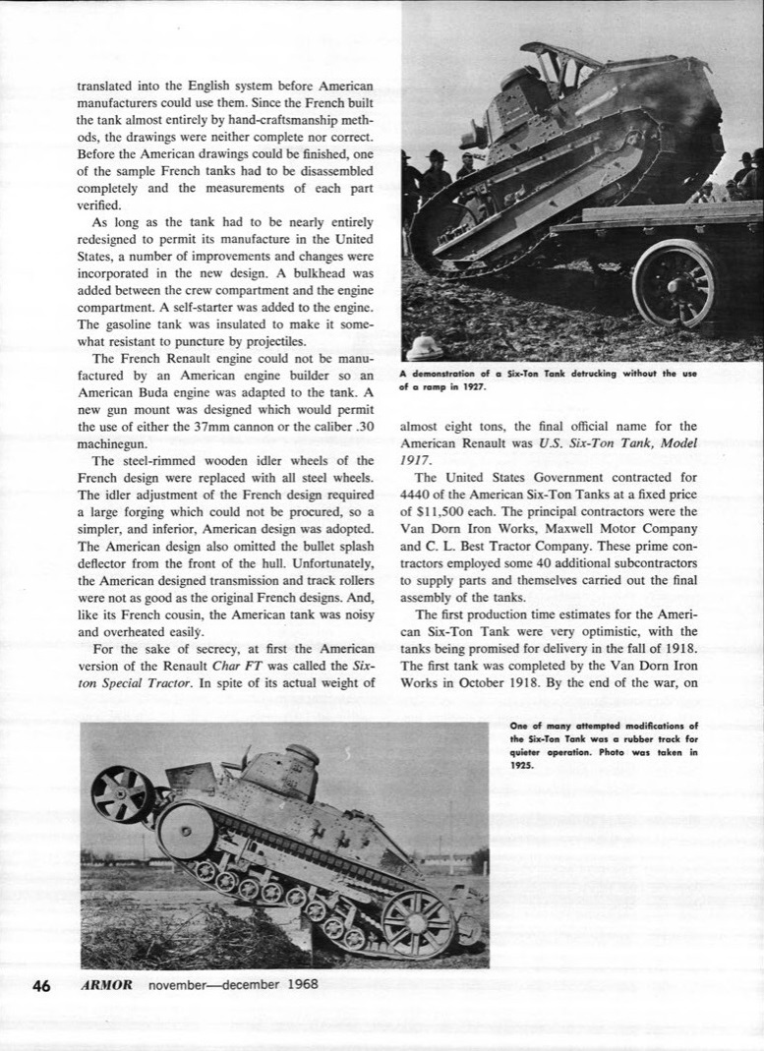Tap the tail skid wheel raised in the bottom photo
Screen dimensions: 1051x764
(122, 793)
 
